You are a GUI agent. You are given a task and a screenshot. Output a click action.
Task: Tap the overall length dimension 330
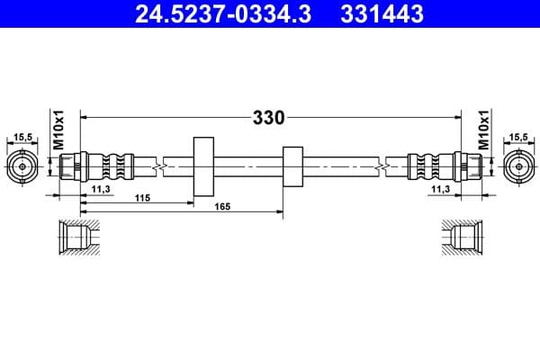(268, 117)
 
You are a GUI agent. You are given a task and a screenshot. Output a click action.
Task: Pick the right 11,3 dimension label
(440, 188)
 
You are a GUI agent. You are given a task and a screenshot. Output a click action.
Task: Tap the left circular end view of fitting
(22, 166)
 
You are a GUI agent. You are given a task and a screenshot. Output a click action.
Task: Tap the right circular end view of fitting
(518, 166)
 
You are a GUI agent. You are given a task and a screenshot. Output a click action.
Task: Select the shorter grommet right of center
(292, 166)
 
